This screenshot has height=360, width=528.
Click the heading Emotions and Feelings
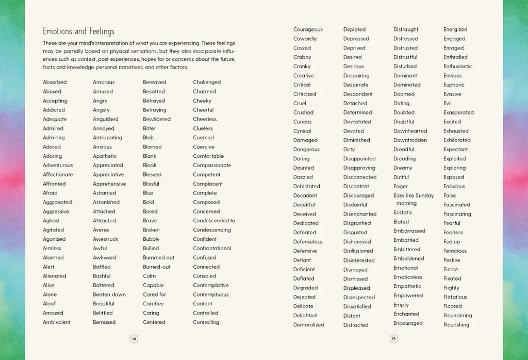(78, 31)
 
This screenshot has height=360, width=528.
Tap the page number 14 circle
(134, 339)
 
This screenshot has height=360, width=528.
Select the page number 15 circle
(393, 339)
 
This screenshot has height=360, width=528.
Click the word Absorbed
(55, 83)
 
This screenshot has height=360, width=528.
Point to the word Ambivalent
(57, 322)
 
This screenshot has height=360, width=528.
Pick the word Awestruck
(106, 239)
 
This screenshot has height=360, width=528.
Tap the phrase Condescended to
(214, 221)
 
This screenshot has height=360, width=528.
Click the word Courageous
(308, 30)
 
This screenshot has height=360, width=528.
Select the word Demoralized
(309, 325)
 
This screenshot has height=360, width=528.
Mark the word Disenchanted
(360, 214)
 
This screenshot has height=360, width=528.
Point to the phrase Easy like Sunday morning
(414, 199)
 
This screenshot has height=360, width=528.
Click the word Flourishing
(456, 325)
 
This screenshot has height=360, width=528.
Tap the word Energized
(455, 30)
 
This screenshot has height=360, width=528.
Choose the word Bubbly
(152, 239)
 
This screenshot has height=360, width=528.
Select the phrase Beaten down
(109, 294)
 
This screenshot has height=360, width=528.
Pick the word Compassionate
(212, 166)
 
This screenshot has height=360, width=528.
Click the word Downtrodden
(410, 140)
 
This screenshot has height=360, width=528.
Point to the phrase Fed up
(452, 242)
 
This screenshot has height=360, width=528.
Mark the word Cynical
(302, 131)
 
